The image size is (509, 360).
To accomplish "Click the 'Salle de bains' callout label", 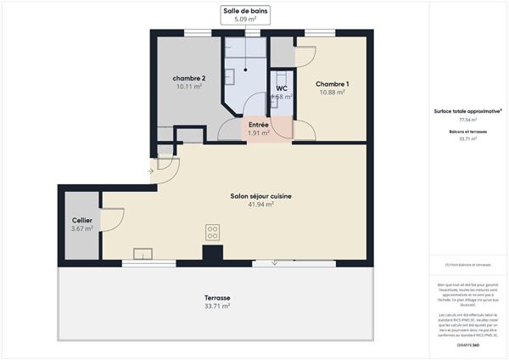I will pos(245,11).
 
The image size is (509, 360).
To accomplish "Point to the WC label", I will pos(281,87).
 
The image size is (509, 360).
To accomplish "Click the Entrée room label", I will pos(259,124).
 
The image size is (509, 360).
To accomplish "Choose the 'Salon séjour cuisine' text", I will pos(260,196).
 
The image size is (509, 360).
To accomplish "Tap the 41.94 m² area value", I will pos(260,205).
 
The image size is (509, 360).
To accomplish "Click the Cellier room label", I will pos(81,220).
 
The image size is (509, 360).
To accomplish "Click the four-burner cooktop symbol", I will pos(212,232).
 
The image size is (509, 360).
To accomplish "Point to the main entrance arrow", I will pos(150,172).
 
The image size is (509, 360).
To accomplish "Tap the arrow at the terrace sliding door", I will pos(275,263).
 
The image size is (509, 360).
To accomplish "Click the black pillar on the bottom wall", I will pos(212,254).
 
